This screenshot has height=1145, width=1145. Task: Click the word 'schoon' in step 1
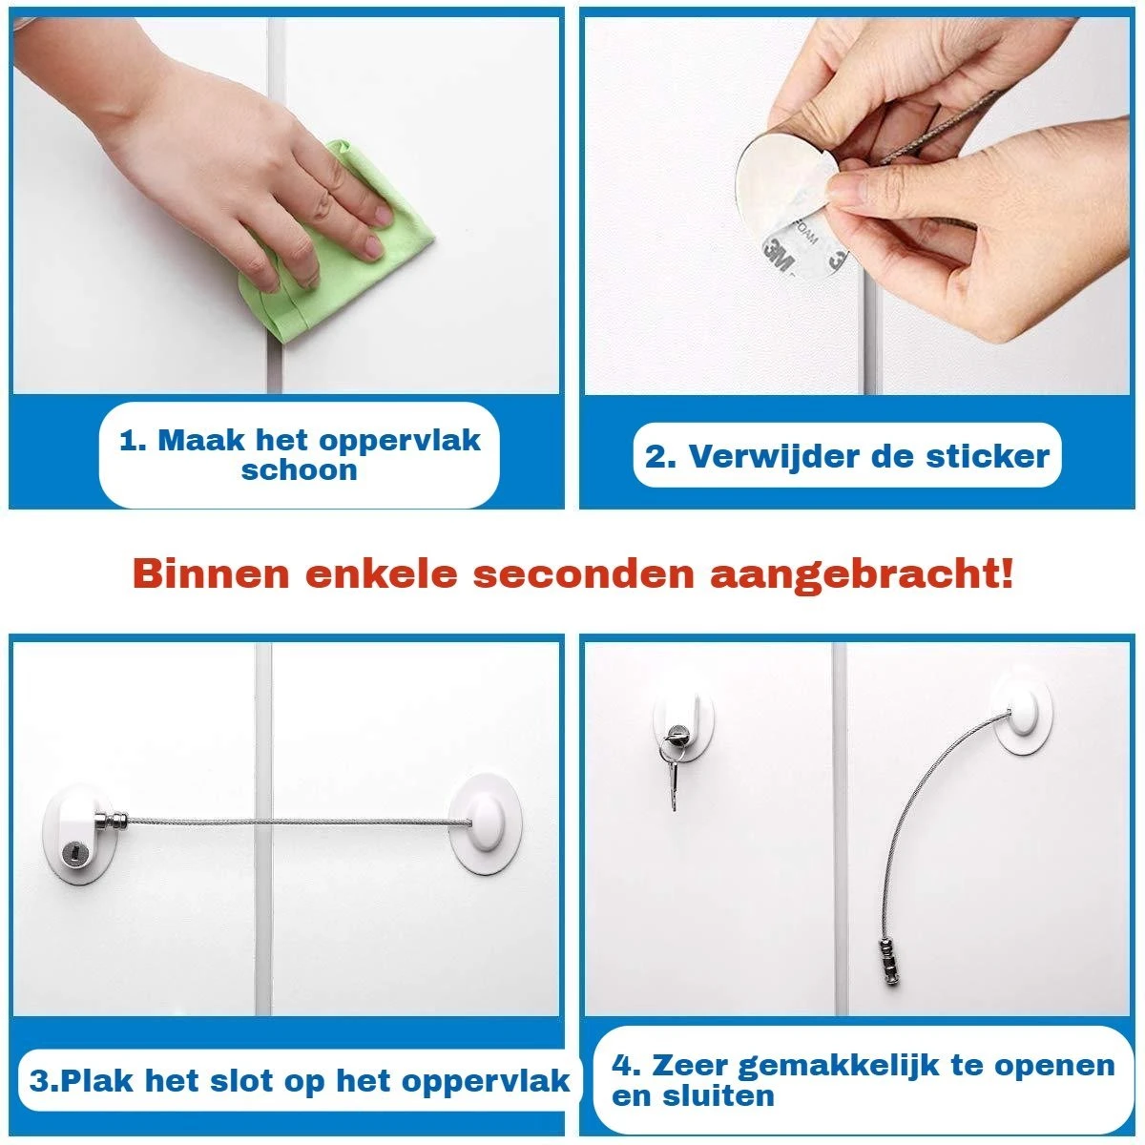(300, 470)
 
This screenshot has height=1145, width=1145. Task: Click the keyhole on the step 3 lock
(73, 853)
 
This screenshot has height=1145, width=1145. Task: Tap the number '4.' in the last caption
(627, 1066)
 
